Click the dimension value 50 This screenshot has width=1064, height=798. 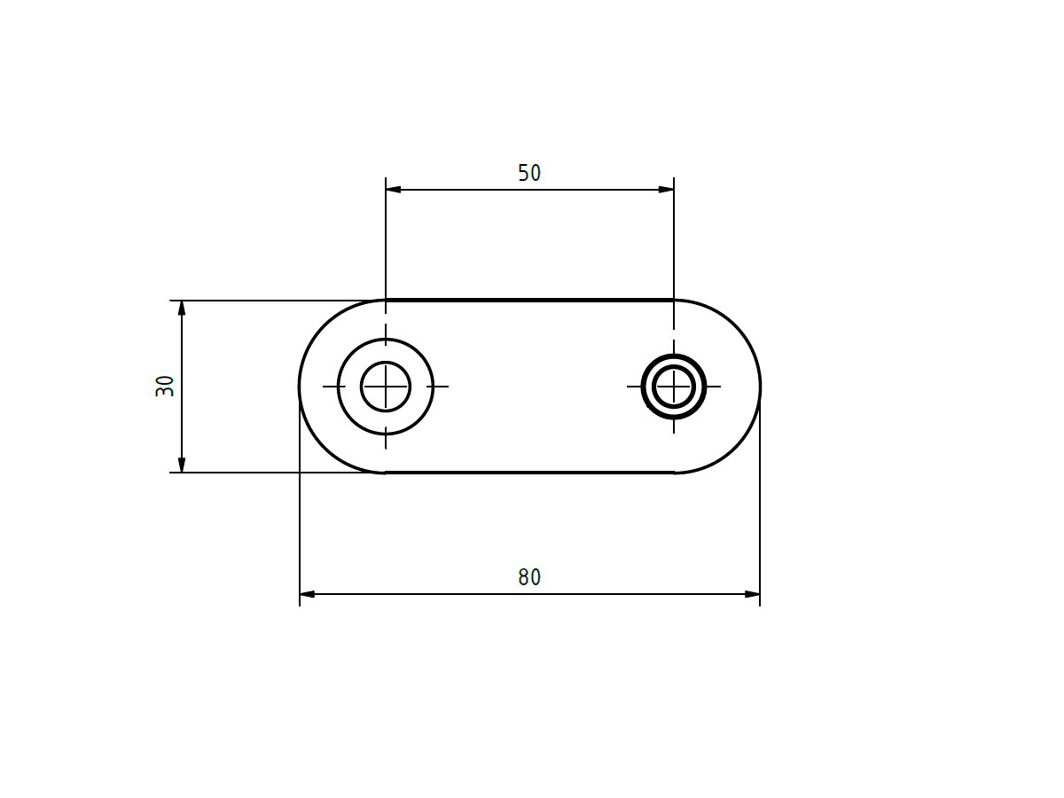(528, 173)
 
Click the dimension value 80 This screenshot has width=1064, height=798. (528, 577)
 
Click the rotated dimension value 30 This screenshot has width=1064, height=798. (165, 387)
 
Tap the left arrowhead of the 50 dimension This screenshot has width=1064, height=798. (393, 190)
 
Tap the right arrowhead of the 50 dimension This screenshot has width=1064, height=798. (667, 190)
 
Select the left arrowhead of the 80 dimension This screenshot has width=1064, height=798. (308, 594)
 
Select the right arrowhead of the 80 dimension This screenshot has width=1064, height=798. (752, 594)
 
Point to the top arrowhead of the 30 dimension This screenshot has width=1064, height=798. (182, 309)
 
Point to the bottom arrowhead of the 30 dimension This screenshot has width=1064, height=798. (182, 465)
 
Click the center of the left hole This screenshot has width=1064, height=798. (386, 387)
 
